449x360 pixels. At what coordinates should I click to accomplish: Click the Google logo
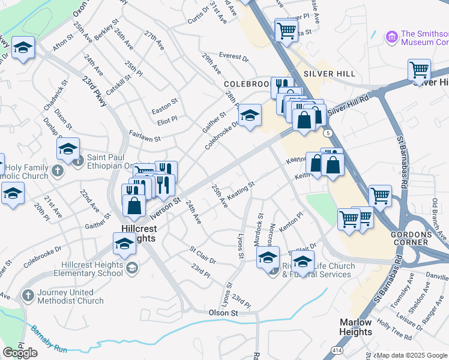coord(20,353)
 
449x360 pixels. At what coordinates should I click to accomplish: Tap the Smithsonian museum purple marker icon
coord(392,37)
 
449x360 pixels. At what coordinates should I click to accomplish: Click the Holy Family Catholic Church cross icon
coord(58,171)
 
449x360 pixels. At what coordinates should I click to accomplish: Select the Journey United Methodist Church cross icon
coord(27,295)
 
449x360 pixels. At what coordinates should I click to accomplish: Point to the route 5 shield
coord(327,132)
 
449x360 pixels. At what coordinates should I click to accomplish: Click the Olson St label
coord(223,313)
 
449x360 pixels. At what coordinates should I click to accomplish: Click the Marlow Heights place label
coord(355,326)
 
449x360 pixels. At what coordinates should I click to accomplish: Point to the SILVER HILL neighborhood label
coord(329,73)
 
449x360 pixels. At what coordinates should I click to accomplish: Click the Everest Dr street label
coord(234,58)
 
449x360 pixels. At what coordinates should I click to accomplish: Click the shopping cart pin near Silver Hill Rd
coord(419,70)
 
